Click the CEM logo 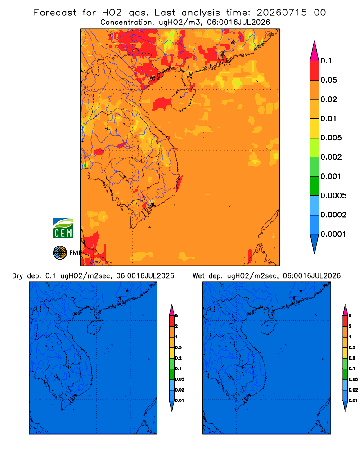point(63,229)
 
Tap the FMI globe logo point(60,253)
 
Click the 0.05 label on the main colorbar point(328,80)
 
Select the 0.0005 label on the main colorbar point(333,196)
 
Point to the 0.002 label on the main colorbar point(331,157)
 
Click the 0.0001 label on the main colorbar point(333,234)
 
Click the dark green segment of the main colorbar point(315,186)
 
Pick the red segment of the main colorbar point(315,71)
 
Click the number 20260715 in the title point(282,13)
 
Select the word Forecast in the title point(55,13)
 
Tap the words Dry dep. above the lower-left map point(27,276)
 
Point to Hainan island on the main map point(183,99)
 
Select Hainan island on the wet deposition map point(269,328)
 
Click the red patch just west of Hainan point(162,103)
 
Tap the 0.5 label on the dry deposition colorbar point(178,347)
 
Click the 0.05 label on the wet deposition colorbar point(353,379)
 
